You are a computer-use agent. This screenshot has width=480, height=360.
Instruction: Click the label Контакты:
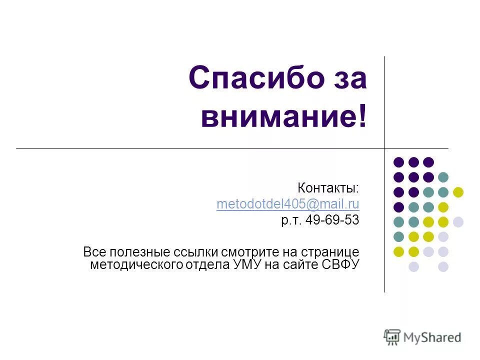pos(328,188)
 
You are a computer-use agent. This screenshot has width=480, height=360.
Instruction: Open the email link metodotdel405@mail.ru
pos(288,204)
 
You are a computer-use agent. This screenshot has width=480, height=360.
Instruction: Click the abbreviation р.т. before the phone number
pos(291,220)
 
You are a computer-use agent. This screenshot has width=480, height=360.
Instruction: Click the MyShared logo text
pos(432,337)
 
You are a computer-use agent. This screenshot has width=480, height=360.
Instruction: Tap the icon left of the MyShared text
pos(392,337)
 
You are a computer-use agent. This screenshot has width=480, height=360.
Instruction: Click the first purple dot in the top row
pos(398,162)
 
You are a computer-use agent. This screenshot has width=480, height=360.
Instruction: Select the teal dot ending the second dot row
pos(443,177)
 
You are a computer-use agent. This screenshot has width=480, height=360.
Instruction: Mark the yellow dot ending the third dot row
pos(458,192)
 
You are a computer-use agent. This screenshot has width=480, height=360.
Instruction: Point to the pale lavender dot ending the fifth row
pos(458,222)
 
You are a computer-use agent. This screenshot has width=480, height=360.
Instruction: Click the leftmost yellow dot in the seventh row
pos(398,251)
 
